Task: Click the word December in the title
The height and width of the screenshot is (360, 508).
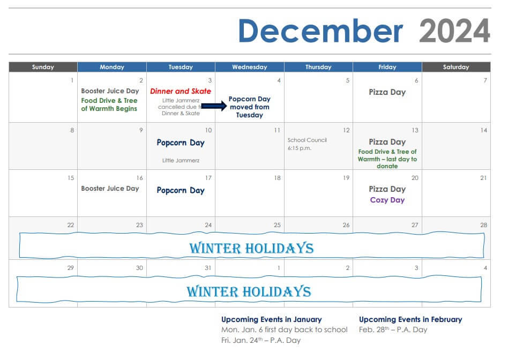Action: (x=320, y=31)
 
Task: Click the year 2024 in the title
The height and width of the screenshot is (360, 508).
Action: (x=454, y=31)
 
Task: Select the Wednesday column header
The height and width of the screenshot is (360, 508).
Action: (x=250, y=67)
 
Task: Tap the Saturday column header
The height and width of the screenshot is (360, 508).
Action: (x=456, y=67)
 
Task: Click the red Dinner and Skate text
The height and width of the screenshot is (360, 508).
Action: (x=181, y=92)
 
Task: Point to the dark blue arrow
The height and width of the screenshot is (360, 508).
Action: (x=214, y=106)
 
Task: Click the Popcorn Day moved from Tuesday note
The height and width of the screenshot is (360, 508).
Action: (x=250, y=107)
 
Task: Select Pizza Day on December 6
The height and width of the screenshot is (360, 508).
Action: (x=387, y=92)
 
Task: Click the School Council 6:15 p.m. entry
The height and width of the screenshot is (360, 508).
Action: (x=307, y=144)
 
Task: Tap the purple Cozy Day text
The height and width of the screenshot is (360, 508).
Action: (x=387, y=200)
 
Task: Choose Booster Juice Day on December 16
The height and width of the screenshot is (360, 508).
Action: (x=110, y=189)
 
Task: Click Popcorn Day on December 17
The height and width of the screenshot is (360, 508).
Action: (x=181, y=190)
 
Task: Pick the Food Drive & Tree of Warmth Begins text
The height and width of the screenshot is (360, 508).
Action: (x=109, y=104)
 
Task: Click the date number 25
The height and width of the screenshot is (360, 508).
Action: (x=277, y=225)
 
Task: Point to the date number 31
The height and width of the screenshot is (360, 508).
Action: (x=208, y=268)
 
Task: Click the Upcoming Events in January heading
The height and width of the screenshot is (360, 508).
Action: (x=272, y=319)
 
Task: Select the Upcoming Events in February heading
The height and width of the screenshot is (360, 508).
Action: (x=410, y=319)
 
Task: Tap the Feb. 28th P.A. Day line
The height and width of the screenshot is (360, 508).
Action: (x=393, y=329)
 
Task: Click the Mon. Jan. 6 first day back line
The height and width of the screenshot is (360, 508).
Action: (x=284, y=329)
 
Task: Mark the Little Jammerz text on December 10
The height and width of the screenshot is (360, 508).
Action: (x=181, y=160)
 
